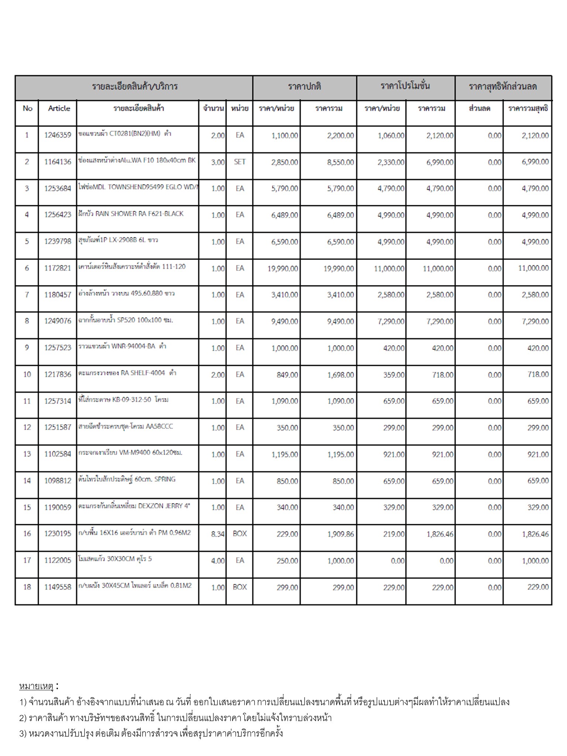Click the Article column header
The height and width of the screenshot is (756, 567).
point(59,109)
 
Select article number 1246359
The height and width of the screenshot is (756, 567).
point(58,135)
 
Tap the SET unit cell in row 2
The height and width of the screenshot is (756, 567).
point(240,162)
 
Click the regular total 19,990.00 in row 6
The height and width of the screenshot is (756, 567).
point(339,268)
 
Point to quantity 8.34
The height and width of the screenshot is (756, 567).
point(218,534)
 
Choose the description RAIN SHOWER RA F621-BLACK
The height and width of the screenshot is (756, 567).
point(131,214)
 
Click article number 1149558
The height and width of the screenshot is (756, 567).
point(58,587)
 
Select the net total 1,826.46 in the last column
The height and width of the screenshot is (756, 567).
point(535,534)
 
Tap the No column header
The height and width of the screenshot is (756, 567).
point(27,109)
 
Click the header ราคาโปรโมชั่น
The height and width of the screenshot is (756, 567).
point(405,86)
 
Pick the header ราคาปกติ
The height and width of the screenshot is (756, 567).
point(305,86)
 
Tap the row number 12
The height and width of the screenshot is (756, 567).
point(27,427)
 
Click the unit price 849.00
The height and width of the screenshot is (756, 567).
point(287,375)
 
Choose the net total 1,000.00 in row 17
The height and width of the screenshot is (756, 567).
point(535,561)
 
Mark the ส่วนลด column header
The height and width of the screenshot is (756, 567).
point(479,109)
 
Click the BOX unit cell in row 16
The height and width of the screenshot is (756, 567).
point(240,534)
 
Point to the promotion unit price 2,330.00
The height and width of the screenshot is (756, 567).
point(391,162)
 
